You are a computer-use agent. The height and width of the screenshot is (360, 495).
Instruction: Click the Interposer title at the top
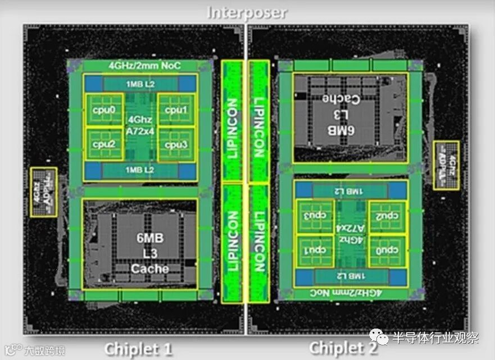(247, 12)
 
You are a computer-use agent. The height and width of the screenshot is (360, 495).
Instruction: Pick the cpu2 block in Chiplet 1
(105, 143)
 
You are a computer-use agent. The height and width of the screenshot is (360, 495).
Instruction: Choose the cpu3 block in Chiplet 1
(176, 143)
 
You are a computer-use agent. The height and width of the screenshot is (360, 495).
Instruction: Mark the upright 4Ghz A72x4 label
(140, 125)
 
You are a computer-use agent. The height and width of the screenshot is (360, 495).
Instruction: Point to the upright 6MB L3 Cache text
(149, 253)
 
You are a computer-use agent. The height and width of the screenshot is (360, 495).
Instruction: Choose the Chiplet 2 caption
(342, 348)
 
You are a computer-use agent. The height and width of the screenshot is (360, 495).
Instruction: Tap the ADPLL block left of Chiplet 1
(43, 192)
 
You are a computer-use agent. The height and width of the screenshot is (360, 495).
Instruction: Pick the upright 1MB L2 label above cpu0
(140, 84)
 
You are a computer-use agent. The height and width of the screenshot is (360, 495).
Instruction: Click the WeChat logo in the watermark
(383, 338)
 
